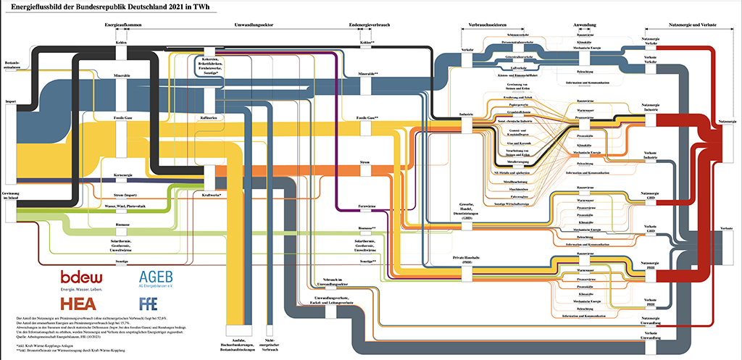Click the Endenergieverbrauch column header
pyautogui.click(x=370, y=25)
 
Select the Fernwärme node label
pyautogui.click(x=370, y=207)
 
